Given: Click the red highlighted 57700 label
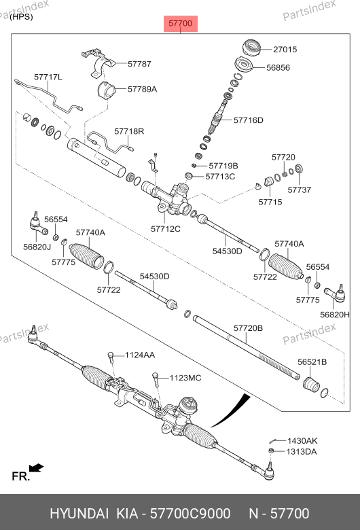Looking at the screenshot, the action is click(x=181, y=23).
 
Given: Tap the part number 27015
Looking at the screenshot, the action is click(x=285, y=50).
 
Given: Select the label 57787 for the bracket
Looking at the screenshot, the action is click(x=139, y=64).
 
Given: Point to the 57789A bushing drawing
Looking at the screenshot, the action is click(x=106, y=90).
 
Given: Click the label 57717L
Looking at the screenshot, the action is click(x=48, y=77).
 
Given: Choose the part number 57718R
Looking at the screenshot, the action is click(x=129, y=131).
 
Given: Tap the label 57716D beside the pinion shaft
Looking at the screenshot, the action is click(x=249, y=120).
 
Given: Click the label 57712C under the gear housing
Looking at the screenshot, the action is click(x=166, y=229).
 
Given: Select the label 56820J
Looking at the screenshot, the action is click(x=37, y=247).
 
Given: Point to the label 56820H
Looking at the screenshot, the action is click(x=335, y=315).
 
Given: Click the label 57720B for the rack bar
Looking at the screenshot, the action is click(x=248, y=328).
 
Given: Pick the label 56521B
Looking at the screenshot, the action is click(x=312, y=362).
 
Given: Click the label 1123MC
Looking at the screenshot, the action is click(x=185, y=378).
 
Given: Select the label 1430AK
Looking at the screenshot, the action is click(x=302, y=441).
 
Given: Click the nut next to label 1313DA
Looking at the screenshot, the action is click(x=271, y=451).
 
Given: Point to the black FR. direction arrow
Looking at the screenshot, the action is click(x=36, y=467).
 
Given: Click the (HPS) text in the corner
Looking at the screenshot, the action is click(x=21, y=16).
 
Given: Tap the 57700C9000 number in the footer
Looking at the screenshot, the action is click(x=190, y=514).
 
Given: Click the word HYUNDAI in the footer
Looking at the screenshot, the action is click(x=79, y=514).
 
